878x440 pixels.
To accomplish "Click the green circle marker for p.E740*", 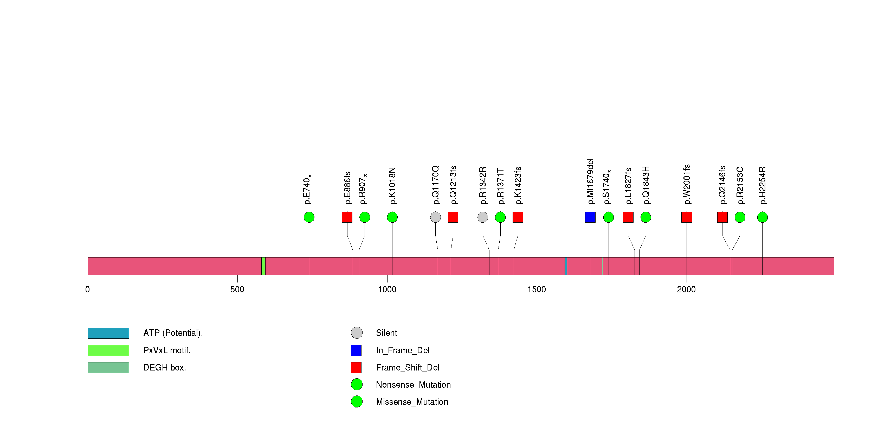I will pyautogui.click(x=309, y=217).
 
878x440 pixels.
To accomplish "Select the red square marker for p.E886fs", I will pyautogui.click(x=347, y=217).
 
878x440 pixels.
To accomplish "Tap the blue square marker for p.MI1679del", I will pyautogui.click(x=590, y=217).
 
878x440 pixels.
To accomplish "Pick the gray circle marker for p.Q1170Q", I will pyautogui.click(x=435, y=217).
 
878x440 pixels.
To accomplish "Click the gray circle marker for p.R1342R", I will pyautogui.click(x=483, y=217).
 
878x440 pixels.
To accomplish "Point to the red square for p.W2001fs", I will pyautogui.click(x=686, y=217).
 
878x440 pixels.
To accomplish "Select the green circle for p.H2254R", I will pyautogui.click(x=763, y=217).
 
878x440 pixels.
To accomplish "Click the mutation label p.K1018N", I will pyautogui.click(x=392, y=186).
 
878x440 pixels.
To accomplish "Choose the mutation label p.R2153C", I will pyautogui.click(x=740, y=186).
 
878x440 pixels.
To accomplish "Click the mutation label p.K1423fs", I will pyautogui.click(x=518, y=186).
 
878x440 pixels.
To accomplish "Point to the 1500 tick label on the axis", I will pyautogui.click(x=537, y=290).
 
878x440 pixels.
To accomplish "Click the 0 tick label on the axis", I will pyautogui.click(x=88, y=290).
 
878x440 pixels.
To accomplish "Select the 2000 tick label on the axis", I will pyautogui.click(x=686, y=290).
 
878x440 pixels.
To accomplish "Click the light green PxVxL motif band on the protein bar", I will pyautogui.click(x=263, y=266).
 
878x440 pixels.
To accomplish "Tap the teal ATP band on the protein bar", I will pyautogui.click(x=566, y=266).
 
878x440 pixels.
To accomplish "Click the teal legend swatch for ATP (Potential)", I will pyautogui.click(x=108, y=333).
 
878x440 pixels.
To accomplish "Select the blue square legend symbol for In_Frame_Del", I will pyautogui.click(x=356, y=350).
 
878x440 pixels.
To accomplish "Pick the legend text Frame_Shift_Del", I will pyautogui.click(x=407, y=367).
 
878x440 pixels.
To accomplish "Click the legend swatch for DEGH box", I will pyautogui.click(x=108, y=368).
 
